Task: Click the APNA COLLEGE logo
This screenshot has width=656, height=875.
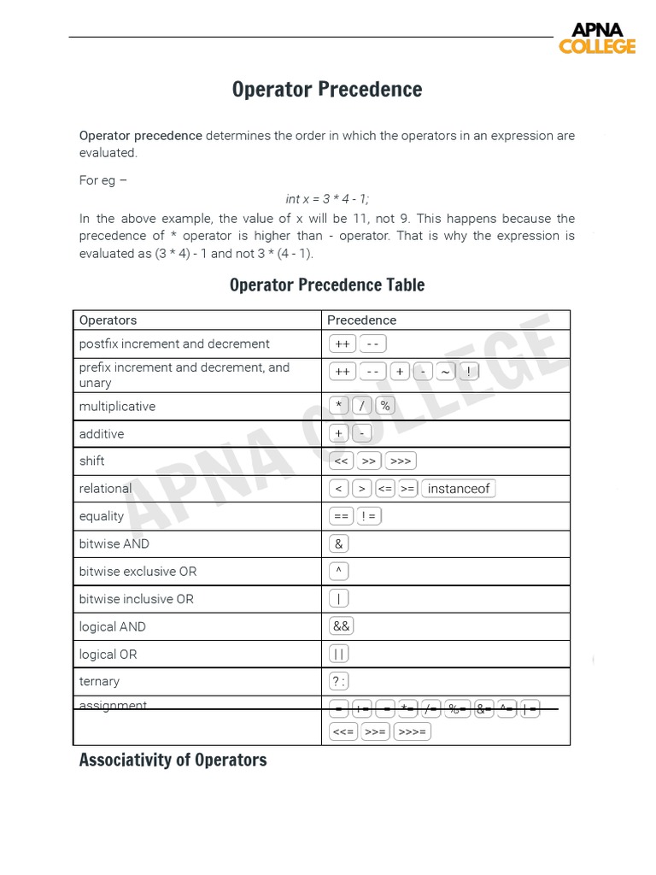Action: tap(597, 38)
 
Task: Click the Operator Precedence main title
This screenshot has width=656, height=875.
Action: tap(327, 90)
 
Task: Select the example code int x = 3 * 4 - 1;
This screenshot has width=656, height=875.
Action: tap(327, 199)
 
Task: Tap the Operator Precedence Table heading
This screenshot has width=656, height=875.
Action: tap(327, 285)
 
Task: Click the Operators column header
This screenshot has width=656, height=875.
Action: tap(108, 320)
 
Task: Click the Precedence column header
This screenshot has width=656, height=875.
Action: tap(361, 320)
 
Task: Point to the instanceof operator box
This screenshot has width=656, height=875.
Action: tap(459, 489)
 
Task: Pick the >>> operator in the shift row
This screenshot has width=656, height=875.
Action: tap(400, 461)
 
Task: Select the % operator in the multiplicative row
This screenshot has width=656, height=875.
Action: tap(385, 406)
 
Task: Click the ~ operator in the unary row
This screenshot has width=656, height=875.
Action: tap(444, 372)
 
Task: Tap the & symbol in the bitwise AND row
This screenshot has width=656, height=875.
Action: tap(339, 544)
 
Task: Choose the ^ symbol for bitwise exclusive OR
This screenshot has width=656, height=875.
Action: tap(339, 572)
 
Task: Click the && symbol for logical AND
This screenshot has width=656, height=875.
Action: tap(341, 626)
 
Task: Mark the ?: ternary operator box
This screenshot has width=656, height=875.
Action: tap(339, 682)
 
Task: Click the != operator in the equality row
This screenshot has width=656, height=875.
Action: tap(369, 516)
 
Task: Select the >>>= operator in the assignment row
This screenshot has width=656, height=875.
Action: tap(412, 732)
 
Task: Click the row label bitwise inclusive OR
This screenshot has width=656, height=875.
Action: tap(137, 599)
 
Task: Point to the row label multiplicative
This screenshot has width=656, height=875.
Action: tap(117, 407)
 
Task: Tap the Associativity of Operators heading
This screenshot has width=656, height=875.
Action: tap(173, 760)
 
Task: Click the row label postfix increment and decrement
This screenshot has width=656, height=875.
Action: tap(174, 344)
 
